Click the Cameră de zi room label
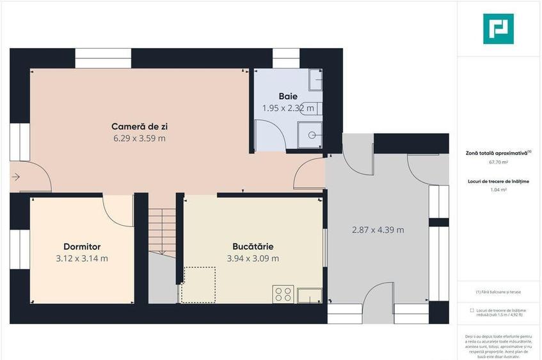click(139, 126)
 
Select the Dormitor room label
click(82, 246)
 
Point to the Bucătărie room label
click(253, 246)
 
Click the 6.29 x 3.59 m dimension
click(139, 138)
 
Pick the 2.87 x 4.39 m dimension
click(378, 230)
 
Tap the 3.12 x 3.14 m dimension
click(82, 258)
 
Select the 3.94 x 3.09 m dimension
click(253, 258)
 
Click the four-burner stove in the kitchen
click(283, 294)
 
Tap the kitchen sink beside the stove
click(310, 295)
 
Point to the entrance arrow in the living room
click(16, 176)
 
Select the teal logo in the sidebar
click(498, 29)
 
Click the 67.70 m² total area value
click(497, 162)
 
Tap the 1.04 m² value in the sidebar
click(497, 190)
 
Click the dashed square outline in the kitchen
click(198, 285)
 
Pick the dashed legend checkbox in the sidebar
click(472, 310)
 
